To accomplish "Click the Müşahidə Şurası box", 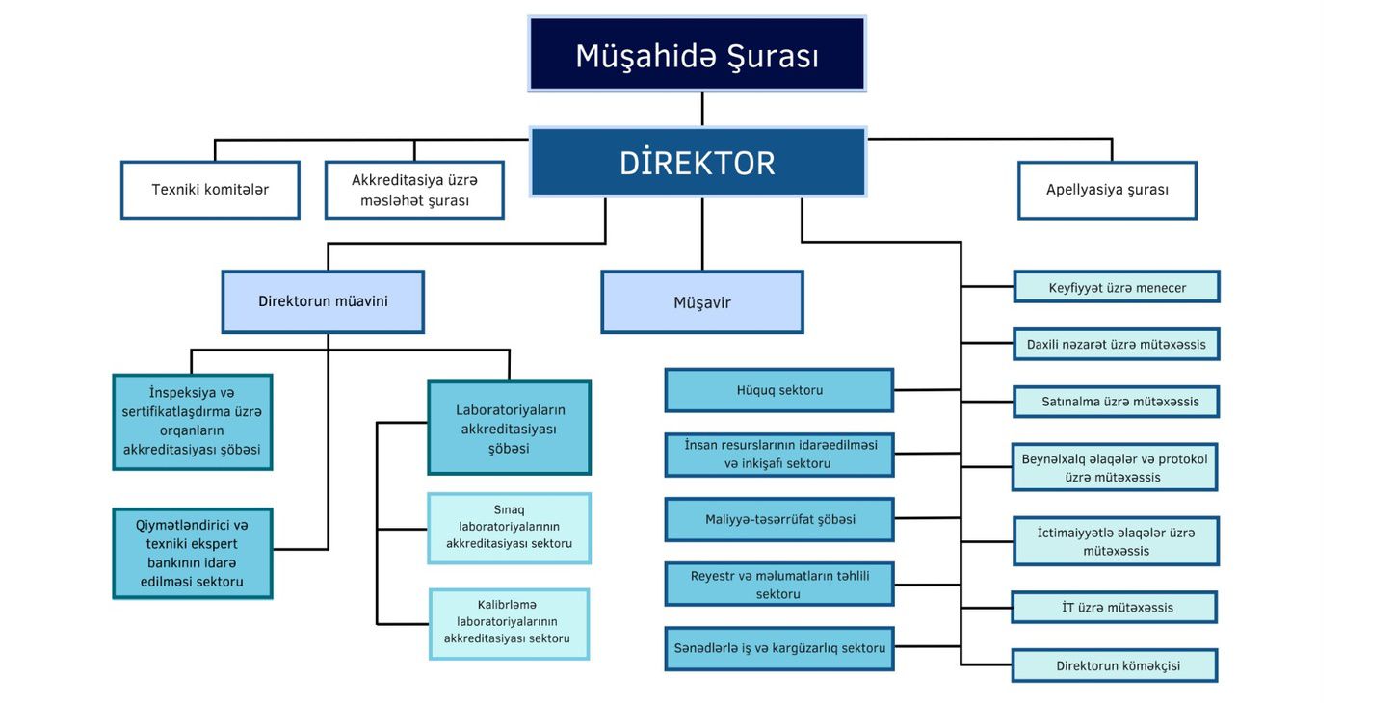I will click(697, 54).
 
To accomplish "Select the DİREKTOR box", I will click(698, 162).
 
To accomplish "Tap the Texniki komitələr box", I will click(210, 190).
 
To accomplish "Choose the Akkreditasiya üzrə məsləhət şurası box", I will click(414, 190).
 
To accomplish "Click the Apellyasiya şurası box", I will click(1107, 190).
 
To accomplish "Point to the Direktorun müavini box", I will click(323, 301).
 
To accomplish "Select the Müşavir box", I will click(701, 302).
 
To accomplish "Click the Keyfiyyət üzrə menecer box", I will click(1117, 287).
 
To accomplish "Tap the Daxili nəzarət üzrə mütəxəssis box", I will click(1116, 344).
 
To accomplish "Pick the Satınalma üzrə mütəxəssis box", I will click(1116, 402).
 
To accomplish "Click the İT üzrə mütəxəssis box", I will click(1114, 608).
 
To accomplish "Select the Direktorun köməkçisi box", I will click(1115, 665).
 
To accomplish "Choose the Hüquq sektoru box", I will click(778, 390).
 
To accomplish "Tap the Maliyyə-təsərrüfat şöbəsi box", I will click(778, 519).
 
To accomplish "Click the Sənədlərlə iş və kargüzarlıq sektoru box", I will click(778, 648).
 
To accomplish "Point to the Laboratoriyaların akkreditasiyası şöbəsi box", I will click(509, 428).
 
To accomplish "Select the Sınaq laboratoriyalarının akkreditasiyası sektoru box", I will click(509, 528).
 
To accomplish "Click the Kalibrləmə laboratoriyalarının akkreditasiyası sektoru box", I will click(509, 623).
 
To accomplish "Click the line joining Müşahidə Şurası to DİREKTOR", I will click(702, 109).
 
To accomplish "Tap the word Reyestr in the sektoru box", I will click(714, 576).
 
